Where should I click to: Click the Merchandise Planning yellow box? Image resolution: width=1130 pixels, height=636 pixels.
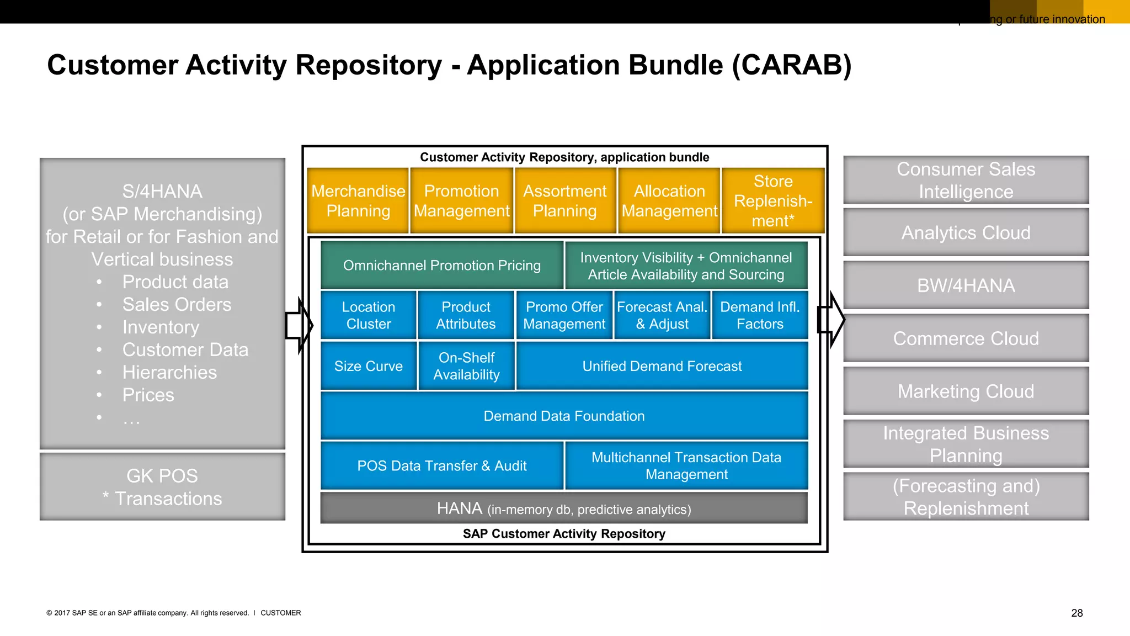pos(358,201)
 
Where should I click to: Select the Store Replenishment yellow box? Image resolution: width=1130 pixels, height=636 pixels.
pos(773,201)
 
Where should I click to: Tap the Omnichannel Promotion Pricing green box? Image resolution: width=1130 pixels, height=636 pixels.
pos(442,265)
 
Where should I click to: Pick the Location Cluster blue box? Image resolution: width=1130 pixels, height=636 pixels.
pos(369,315)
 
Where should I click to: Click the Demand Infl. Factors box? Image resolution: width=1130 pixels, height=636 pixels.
pos(760,315)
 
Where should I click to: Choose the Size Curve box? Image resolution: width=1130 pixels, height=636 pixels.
pos(369,366)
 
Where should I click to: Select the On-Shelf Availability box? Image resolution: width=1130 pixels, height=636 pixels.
pos(466,366)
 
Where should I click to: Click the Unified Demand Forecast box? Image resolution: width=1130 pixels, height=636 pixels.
pos(662,366)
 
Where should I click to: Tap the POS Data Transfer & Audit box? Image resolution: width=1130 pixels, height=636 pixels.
pos(442,465)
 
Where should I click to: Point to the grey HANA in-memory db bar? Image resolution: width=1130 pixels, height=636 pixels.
pos(564,508)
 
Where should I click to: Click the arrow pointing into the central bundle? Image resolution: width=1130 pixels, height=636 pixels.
pos(299,326)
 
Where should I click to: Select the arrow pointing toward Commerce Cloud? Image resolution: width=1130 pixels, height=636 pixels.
pos(831,320)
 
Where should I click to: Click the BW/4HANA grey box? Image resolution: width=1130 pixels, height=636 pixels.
pos(966,285)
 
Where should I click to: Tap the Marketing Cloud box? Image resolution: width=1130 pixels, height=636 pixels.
pos(966,391)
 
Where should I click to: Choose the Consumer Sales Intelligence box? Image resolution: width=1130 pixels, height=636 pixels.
pos(966,180)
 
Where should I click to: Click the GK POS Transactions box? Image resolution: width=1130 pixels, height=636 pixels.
pos(162,487)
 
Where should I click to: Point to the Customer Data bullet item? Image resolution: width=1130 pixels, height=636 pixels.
pos(185,350)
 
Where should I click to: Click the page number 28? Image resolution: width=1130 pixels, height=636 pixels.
pos(1076,613)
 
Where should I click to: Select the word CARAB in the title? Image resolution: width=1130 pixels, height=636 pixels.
pos(792,65)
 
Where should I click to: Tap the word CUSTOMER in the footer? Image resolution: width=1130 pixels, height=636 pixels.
pos(281,613)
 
